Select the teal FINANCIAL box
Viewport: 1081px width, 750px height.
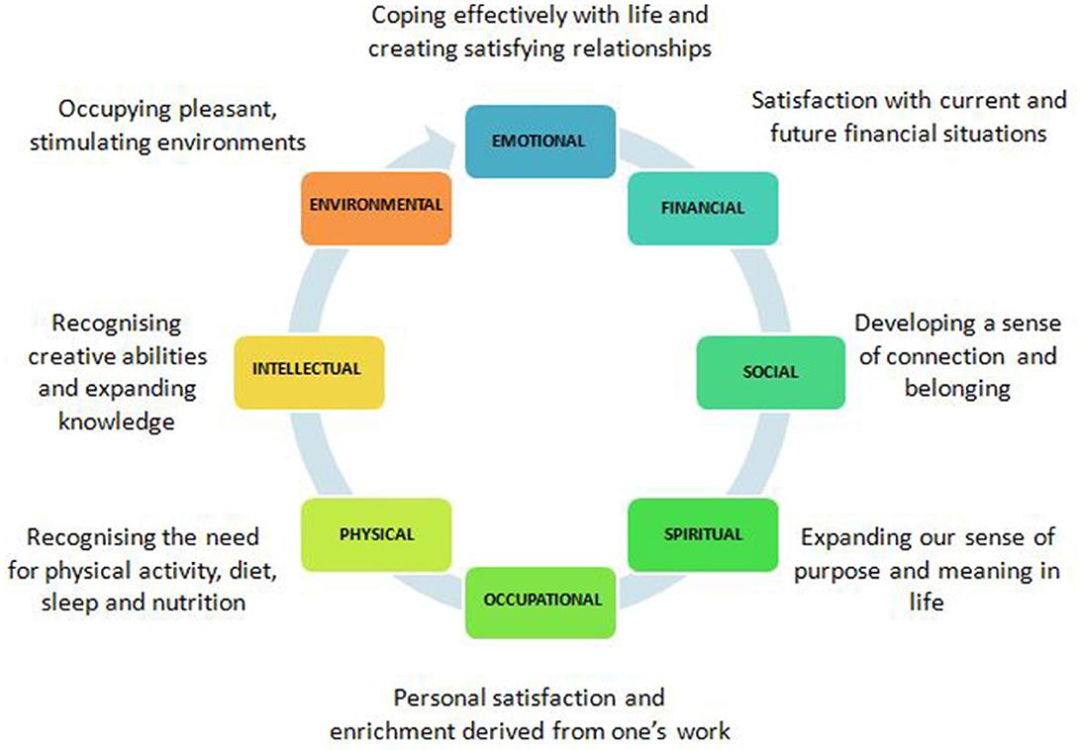click(x=703, y=208)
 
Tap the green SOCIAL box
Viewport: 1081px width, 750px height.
click(x=770, y=372)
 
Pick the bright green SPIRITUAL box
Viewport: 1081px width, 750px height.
click(x=704, y=534)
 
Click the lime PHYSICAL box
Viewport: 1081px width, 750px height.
click(x=376, y=534)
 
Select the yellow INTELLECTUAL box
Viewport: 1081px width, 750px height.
click(x=308, y=370)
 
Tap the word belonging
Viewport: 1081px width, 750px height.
click(x=956, y=389)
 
